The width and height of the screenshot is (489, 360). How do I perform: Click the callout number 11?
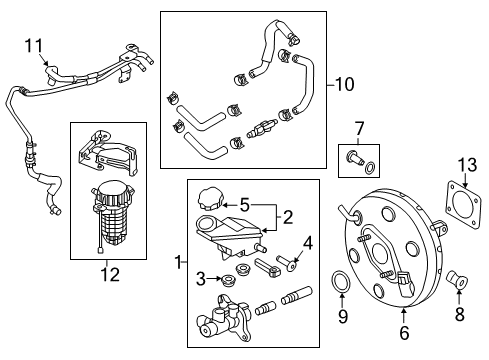pos(34,46)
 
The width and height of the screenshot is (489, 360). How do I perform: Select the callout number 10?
pos(345,84)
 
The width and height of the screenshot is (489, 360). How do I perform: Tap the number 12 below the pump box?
pos(110,275)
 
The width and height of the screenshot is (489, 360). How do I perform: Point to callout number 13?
pos(467,165)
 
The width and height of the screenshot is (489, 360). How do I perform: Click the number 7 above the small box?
pos(359,129)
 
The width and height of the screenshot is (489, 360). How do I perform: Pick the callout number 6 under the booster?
pos(404,333)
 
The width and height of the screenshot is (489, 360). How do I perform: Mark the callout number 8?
pos(460,314)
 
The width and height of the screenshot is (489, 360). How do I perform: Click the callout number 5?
pos(245,205)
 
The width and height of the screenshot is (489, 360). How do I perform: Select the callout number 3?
pos(201,279)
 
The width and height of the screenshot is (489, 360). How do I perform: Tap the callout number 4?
pos(308,243)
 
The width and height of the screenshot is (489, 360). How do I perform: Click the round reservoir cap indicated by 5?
pos(209,199)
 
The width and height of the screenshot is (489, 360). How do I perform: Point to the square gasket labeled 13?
pos(464,204)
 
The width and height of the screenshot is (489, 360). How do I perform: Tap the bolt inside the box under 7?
pos(355,158)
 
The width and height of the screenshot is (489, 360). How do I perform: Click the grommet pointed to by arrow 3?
pos(227,279)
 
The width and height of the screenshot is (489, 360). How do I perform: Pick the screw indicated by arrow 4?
pos(287,262)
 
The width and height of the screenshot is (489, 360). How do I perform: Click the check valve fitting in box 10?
pos(263,129)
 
